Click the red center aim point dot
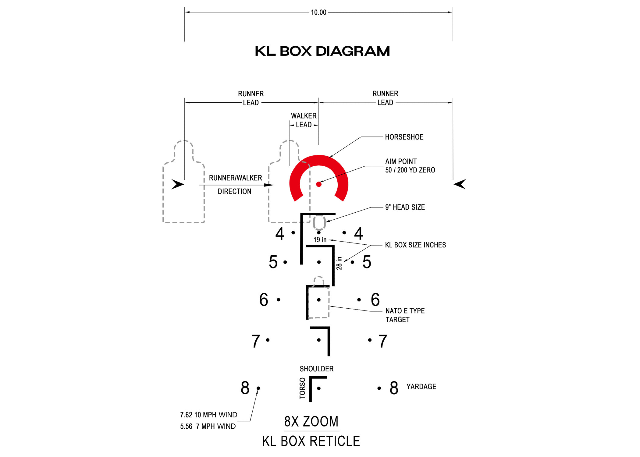pos(319,184)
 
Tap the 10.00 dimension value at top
pos(318,12)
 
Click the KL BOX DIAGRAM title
pos(322,51)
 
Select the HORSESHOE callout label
pos(404,137)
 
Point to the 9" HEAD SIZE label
pos(405,207)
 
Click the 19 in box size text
pos(320,240)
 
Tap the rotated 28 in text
pos(339,263)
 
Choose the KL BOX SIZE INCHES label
pos(415,245)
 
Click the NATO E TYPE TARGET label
pos(405,315)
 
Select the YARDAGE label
pos(421,387)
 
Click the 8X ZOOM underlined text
pos(311,422)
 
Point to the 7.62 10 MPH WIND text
pos(208,415)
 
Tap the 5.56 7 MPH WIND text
pos(208,426)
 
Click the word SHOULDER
pos(317,369)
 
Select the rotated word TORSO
pos(302,388)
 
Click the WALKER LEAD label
pos(304,120)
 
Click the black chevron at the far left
pos(178,184)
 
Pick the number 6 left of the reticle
pos(264,299)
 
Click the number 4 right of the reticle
pos(358,233)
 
